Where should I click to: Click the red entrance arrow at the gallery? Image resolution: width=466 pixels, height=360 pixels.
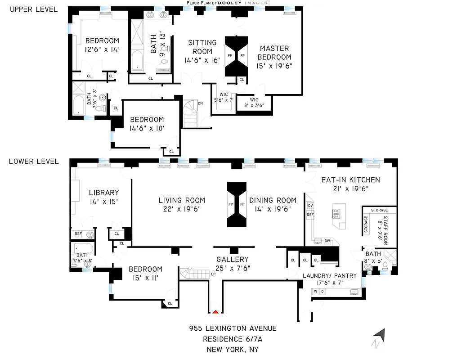[x=216, y=311]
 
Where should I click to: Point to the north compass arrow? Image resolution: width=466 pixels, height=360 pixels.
[x=380, y=336]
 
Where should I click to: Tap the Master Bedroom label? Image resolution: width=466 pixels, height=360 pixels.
[x=275, y=53]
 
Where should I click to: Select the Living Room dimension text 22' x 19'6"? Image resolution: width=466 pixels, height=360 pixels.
[x=182, y=209]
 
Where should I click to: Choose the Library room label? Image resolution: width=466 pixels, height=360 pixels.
[x=103, y=193]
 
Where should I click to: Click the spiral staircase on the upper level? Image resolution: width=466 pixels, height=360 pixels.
[x=191, y=112]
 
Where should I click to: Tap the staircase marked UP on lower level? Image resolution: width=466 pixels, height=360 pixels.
[x=195, y=272]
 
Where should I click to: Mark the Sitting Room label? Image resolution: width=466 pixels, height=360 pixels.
[x=202, y=47]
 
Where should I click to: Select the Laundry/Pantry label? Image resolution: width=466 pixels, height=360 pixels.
[x=330, y=275]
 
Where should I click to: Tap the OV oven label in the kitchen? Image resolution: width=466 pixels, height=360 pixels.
[x=310, y=205]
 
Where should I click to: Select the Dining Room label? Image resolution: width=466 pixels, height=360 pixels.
[x=273, y=200]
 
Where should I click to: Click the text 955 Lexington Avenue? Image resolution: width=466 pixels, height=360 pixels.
[x=233, y=328]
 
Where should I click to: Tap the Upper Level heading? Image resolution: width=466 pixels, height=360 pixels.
[x=33, y=9]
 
